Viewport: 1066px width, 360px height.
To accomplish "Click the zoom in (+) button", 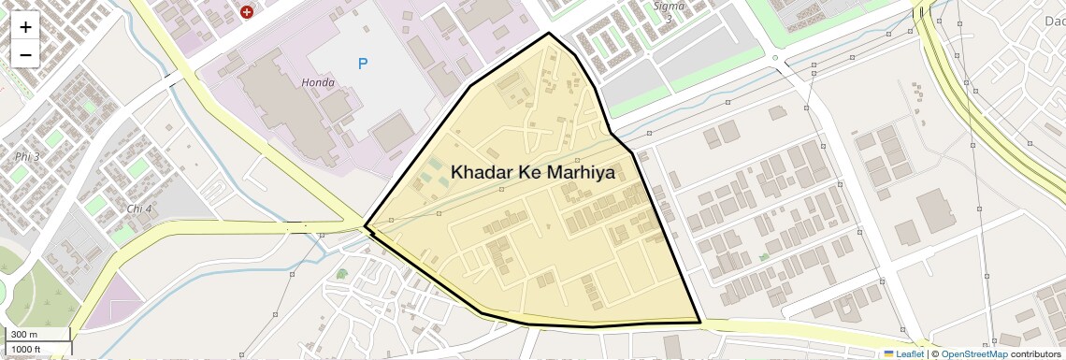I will coord(25,27).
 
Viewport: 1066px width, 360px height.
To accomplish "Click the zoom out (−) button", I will coord(25,54).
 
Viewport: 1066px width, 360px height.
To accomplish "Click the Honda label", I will coord(318,82).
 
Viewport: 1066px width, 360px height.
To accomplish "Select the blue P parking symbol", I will coord(363,64).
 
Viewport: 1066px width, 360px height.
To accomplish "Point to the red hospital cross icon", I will coord(247,12).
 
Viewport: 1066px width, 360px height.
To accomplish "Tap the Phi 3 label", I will coord(27,156).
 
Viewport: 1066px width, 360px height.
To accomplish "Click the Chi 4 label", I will coord(139,208).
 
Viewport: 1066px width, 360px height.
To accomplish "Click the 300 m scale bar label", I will coord(24,335).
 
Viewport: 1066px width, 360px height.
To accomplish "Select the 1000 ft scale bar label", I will coord(25,350).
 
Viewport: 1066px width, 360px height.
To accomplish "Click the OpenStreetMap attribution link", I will coord(973,354).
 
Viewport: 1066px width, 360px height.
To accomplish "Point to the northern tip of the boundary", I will coord(549,34).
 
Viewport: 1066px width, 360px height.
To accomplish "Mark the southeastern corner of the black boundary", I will coord(700,323).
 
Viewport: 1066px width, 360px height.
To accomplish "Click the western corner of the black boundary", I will coord(365,226).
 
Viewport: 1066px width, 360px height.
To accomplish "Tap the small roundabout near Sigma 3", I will coord(775,58).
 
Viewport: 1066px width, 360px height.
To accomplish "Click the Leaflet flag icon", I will coord(888,354).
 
